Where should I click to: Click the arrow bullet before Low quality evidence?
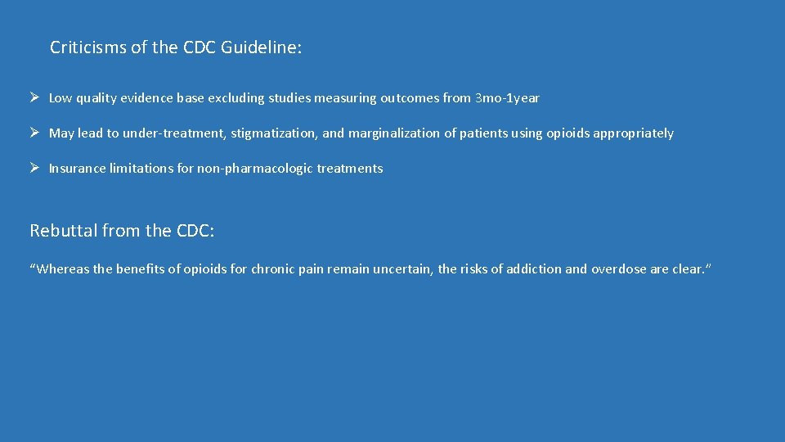click(x=35, y=98)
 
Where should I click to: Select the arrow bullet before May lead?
click(x=35, y=133)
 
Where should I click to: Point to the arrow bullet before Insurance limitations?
click(x=35, y=168)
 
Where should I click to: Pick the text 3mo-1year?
click(x=507, y=98)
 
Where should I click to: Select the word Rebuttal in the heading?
click(x=63, y=231)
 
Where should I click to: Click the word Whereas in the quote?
click(x=61, y=268)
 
